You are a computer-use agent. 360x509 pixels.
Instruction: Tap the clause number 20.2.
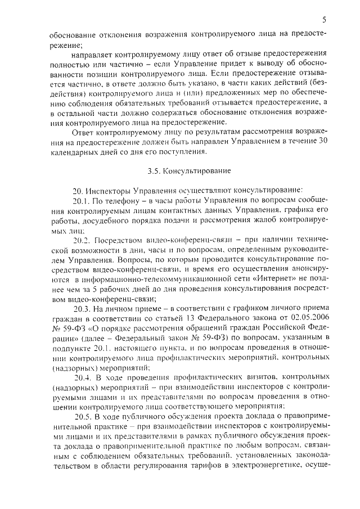click(83, 255)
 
